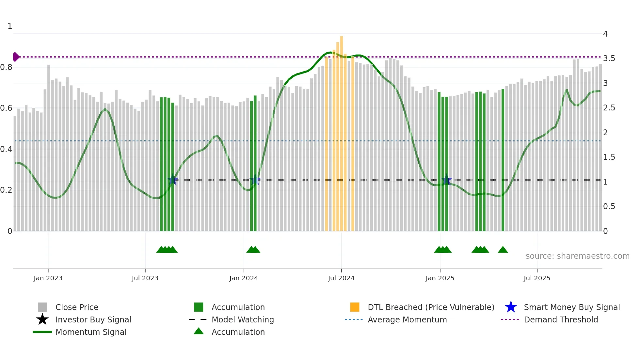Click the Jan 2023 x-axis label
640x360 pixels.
pos(48,278)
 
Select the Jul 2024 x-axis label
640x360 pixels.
pos(341,278)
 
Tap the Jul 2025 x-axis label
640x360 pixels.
pos(537,278)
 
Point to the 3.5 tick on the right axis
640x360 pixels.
pos(609,58)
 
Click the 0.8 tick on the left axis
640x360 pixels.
pos(6,67)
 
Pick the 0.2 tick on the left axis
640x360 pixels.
pos(6,190)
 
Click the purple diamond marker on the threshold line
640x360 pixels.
pos(16,57)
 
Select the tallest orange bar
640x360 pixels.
pos(342,131)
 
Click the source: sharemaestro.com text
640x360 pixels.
pos(577,256)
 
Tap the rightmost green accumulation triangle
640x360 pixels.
pos(503,250)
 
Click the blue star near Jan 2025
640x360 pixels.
pos(446,180)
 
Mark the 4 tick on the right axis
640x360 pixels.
pos(605,34)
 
